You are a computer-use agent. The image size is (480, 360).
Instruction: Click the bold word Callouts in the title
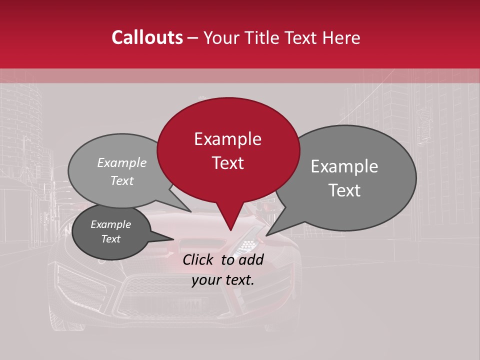[x=147, y=38]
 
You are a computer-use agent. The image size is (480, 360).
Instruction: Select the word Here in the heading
[x=341, y=38]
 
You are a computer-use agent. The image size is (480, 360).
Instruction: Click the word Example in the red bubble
[x=227, y=139]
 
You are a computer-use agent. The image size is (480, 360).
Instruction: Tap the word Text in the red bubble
[x=227, y=163]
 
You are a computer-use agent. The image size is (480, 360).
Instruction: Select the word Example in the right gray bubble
[x=344, y=166]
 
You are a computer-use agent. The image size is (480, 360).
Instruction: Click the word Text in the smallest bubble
[x=110, y=239]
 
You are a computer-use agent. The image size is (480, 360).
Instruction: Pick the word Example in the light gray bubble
[x=122, y=162]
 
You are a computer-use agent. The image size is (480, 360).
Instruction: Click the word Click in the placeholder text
[x=199, y=259]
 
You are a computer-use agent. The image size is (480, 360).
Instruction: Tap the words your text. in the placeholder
[x=223, y=280]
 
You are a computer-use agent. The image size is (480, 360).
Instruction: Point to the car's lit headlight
[x=248, y=244]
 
